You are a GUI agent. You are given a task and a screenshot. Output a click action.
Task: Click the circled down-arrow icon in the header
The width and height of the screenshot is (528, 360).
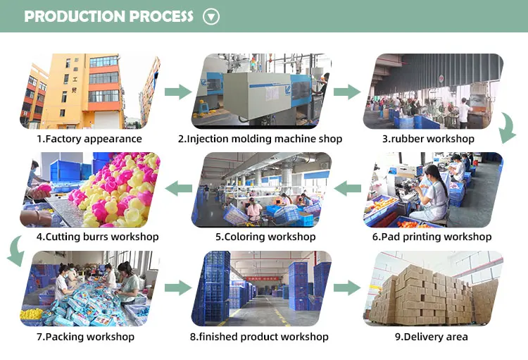coord(211,16)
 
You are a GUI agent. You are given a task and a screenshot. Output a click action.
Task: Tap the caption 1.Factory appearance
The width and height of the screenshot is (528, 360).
coord(89,139)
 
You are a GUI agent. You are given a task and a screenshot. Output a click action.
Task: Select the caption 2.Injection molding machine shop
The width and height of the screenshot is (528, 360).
coord(260,139)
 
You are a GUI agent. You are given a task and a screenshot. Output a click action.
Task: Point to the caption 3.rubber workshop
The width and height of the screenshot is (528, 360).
coord(428,139)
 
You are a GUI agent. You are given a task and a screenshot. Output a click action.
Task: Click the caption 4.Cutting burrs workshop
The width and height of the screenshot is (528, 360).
coord(97,237)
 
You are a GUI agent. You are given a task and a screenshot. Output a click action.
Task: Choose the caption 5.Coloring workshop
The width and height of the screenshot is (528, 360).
coord(265,237)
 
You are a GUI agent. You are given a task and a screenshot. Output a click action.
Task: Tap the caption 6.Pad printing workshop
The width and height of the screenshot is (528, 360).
coord(432,237)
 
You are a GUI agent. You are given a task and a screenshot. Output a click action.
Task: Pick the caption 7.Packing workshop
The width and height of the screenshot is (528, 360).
coord(85,337)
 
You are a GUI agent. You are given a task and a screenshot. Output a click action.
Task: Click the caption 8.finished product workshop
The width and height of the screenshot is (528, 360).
coord(259,337)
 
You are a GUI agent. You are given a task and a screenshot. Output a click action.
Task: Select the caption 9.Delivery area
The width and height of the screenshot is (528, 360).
coord(431,337)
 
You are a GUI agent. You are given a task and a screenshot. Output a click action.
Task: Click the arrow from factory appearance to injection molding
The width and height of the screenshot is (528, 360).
coord(178,91)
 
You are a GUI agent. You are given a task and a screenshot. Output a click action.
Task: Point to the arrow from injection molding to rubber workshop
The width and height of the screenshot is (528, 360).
coord(346,91)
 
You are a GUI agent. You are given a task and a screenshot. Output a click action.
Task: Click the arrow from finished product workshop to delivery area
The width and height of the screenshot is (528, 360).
coord(346,287)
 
